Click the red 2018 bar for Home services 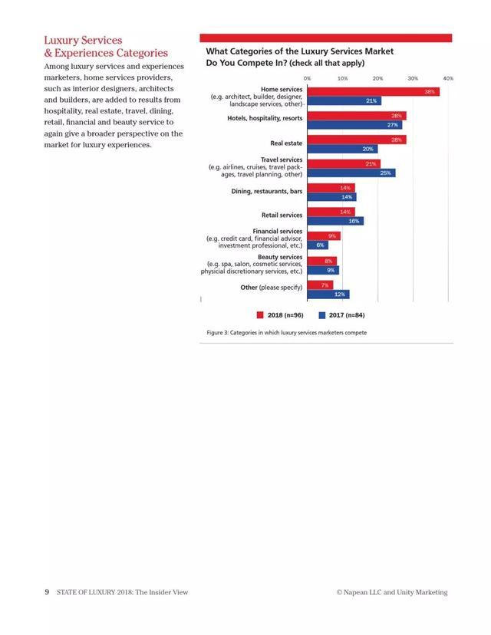pyautogui.click(x=373, y=92)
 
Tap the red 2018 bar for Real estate pyautogui.click(x=356, y=140)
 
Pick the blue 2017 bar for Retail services pyautogui.click(x=335, y=221)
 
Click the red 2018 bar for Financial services pyautogui.click(x=323, y=236)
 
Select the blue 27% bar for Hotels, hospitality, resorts pyautogui.click(x=354, y=125)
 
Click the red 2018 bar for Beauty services pyautogui.click(x=321, y=261)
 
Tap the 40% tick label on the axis pyautogui.click(x=448, y=78)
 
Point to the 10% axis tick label pyautogui.click(x=342, y=78)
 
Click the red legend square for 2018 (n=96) pyautogui.click(x=261, y=315)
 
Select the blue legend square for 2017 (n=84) pyautogui.click(x=322, y=315)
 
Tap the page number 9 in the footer pyautogui.click(x=47, y=592)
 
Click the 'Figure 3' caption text pyautogui.click(x=286, y=333)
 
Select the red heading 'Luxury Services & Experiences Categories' pyautogui.click(x=106, y=46)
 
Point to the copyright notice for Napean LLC pyautogui.click(x=391, y=592)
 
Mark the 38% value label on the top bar pyautogui.click(x=430, y=92)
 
